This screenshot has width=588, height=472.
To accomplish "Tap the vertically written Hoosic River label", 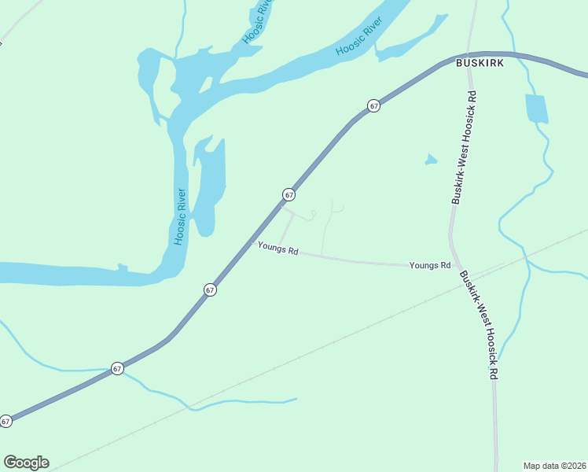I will [180, 216].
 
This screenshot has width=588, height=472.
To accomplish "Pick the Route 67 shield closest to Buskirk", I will [374, 105].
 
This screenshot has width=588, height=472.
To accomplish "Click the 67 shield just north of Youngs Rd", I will [289, 194].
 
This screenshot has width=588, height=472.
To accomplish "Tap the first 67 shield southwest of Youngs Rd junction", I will [210, 289].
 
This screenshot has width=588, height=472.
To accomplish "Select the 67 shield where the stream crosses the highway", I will [117, 368].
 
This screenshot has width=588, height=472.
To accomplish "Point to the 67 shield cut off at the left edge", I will [6, 421].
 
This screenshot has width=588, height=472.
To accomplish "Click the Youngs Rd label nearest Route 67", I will [278, 250].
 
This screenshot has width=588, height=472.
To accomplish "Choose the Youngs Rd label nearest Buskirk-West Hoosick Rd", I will [429, 266].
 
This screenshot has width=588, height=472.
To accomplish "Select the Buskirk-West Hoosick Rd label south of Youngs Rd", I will [479, 326].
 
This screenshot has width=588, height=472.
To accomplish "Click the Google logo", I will [26, 463].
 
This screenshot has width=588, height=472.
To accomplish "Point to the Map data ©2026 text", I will [555, 466].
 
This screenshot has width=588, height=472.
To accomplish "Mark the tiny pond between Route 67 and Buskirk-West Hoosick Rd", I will [430, 160].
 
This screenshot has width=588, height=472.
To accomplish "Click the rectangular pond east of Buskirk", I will [536, 109].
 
